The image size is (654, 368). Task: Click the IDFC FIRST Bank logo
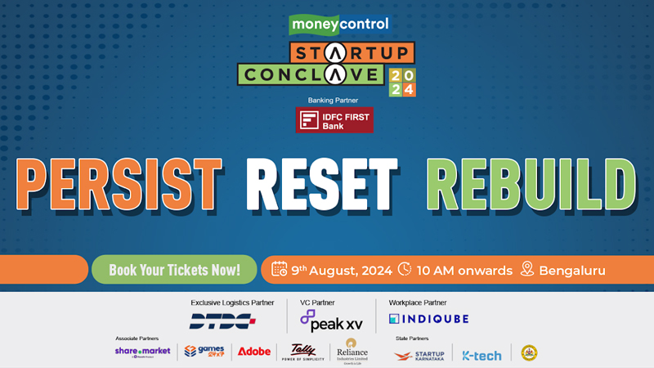(335, 119)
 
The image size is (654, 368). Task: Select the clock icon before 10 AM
(405, 269)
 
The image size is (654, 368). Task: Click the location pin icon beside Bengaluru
(527, 269)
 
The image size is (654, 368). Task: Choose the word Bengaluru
(573, 270)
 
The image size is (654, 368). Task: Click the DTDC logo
(222, 321)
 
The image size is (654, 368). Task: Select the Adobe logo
(253, 352)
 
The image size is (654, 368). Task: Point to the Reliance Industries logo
(352, 351)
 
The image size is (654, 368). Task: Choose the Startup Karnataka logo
(419, 354)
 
